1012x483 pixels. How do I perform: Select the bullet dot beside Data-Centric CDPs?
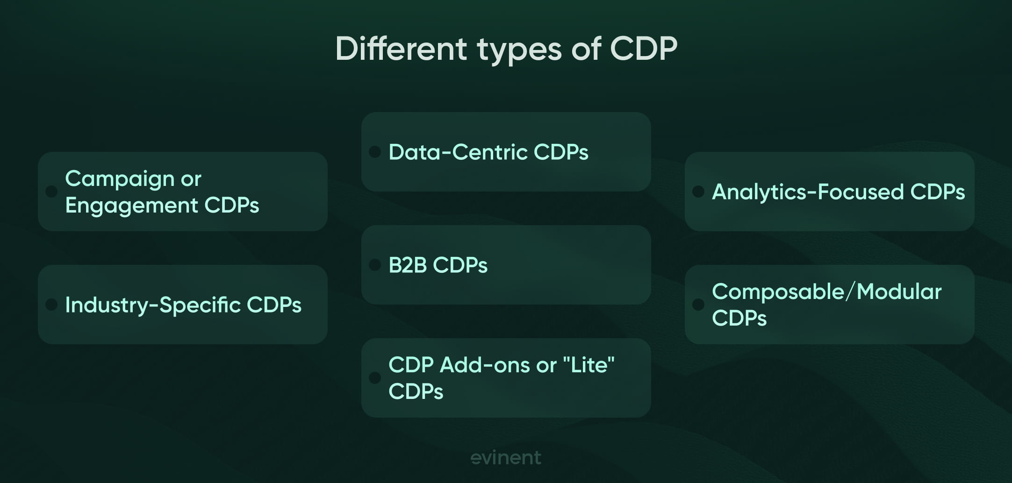click(x=375, y=152)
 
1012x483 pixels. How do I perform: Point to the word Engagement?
click(x=131, y=206)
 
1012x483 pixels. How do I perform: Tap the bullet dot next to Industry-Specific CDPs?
click(x=51, y=305)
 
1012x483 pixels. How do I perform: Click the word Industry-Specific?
click(x=152, y=305)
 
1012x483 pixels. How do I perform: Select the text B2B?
click(x=408, y=265)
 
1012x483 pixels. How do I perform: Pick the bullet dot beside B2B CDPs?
click(x=375, y=265)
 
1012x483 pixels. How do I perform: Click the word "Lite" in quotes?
click(x=591, y=365)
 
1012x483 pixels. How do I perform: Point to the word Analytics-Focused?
click(x=808, y=192)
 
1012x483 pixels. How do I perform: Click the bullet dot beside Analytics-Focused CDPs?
click(x=698, y=192)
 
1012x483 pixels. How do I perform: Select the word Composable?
click(x=778, y=292)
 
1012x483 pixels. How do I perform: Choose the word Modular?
click(x=899, y=292)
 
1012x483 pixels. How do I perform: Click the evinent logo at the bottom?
click(x=506, y=457)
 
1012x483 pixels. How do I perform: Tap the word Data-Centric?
click(x=458, y=152)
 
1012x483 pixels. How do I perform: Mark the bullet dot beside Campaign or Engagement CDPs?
click(x=51, y=192)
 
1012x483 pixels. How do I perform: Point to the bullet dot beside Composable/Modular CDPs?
click(x=698, y=305)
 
